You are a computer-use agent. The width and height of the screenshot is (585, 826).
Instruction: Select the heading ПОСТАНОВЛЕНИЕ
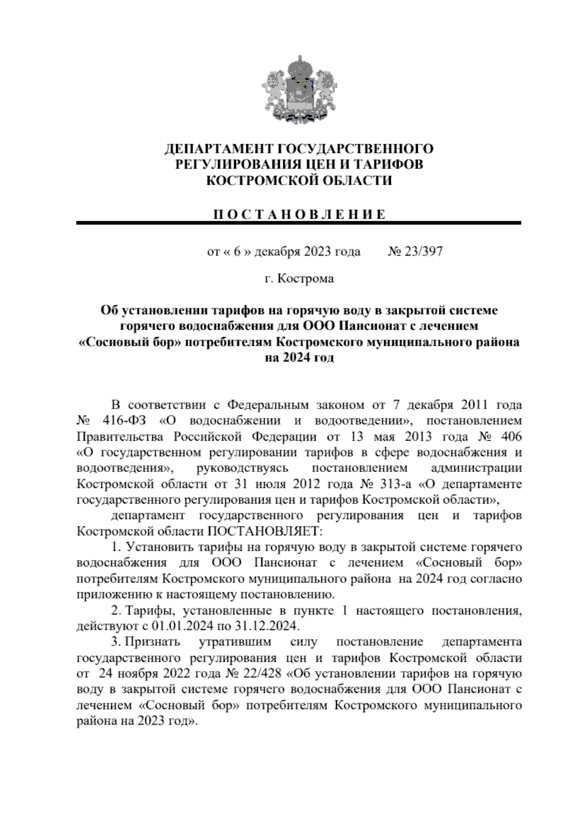coord(299,215)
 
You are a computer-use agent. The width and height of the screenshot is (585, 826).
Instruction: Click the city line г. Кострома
coord(299,279)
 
